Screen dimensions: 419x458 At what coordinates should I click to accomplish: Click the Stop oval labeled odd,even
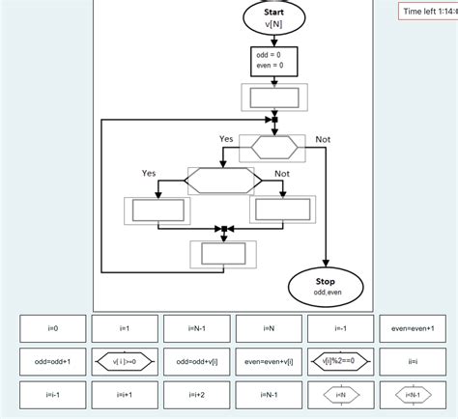click(327, 285)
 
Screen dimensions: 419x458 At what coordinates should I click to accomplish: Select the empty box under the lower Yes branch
click(157, 209)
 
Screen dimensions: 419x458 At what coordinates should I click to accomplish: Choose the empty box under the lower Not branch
click(281, 209)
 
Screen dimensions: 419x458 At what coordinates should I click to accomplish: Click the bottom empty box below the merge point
click(222, 255)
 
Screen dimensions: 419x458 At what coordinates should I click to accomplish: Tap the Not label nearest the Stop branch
click(323, 140)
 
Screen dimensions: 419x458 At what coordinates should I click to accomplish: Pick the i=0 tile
click(52, 328)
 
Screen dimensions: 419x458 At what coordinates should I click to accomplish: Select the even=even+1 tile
click(413, 328)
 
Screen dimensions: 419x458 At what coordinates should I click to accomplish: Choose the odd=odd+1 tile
click(52, 362)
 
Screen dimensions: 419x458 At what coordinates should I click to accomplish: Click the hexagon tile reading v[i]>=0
click(124, 362)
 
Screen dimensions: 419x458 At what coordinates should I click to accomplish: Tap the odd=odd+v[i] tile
click(196, 362)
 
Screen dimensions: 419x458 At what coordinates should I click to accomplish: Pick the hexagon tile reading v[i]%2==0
click(340, 362)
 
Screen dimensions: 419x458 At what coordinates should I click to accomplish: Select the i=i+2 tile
click(196, 395)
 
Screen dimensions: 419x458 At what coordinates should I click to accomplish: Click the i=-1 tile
click(340, 328)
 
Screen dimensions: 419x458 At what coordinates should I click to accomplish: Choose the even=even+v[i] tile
click(269, 362)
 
